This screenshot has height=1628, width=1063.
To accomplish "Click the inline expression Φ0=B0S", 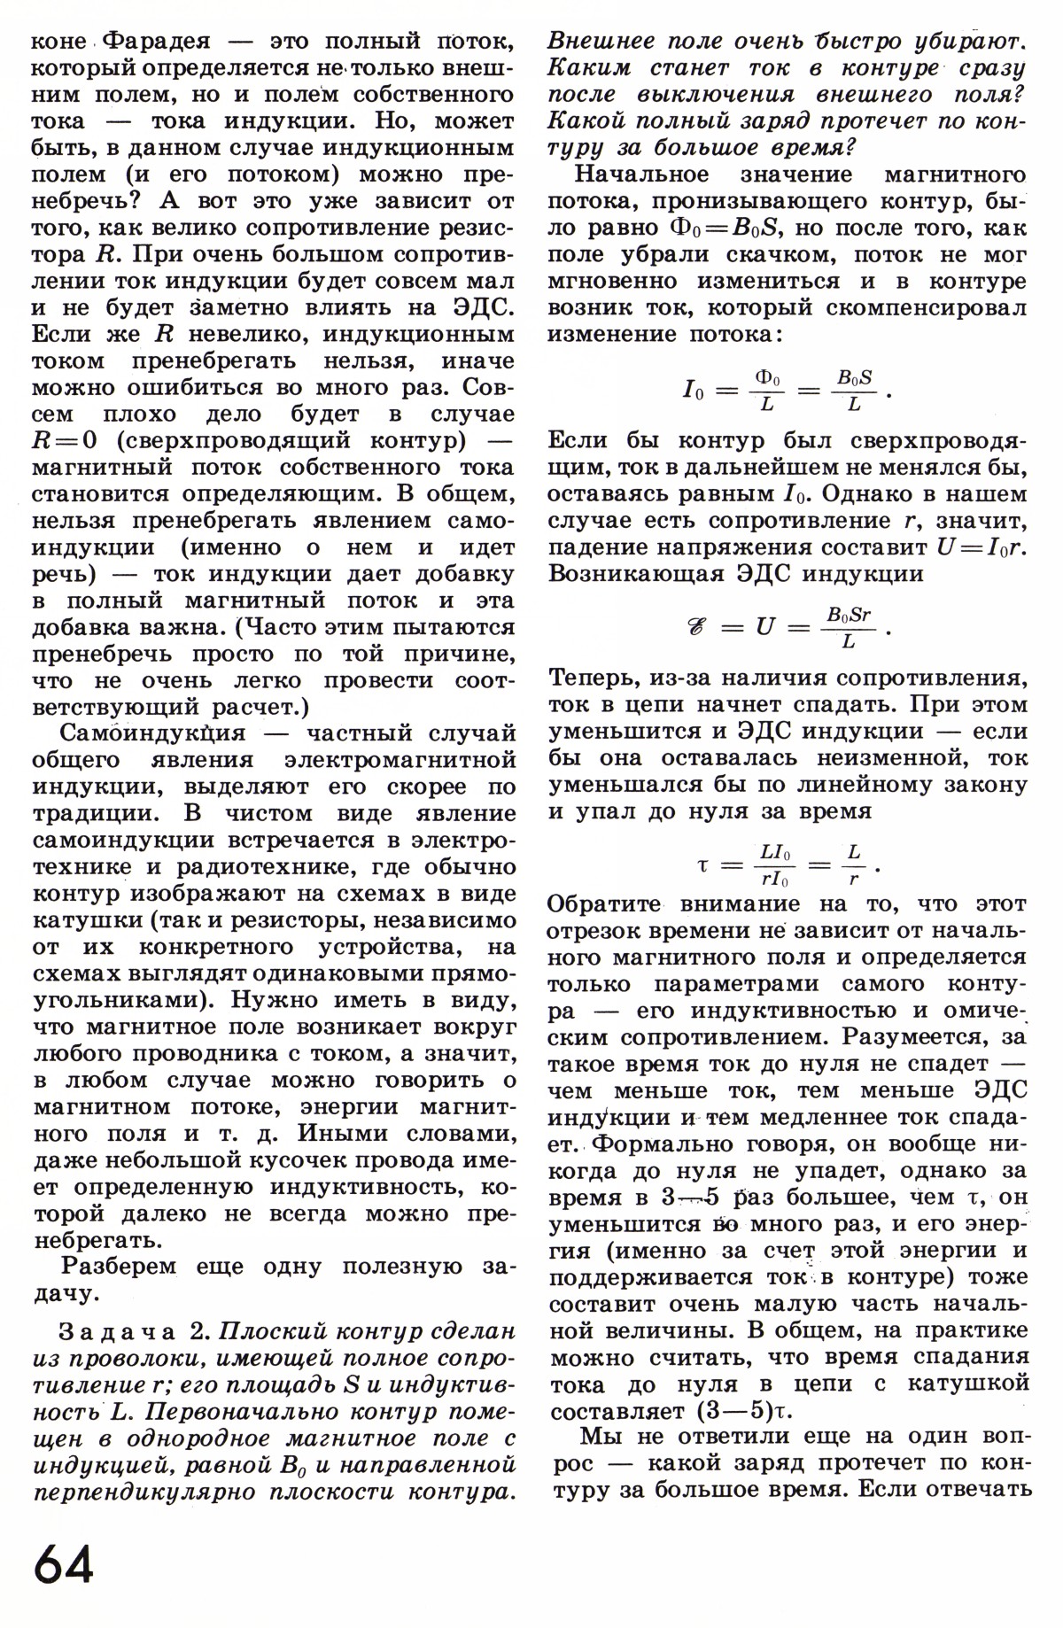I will [726, 228].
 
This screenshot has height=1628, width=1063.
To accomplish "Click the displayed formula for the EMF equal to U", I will [780, 627].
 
